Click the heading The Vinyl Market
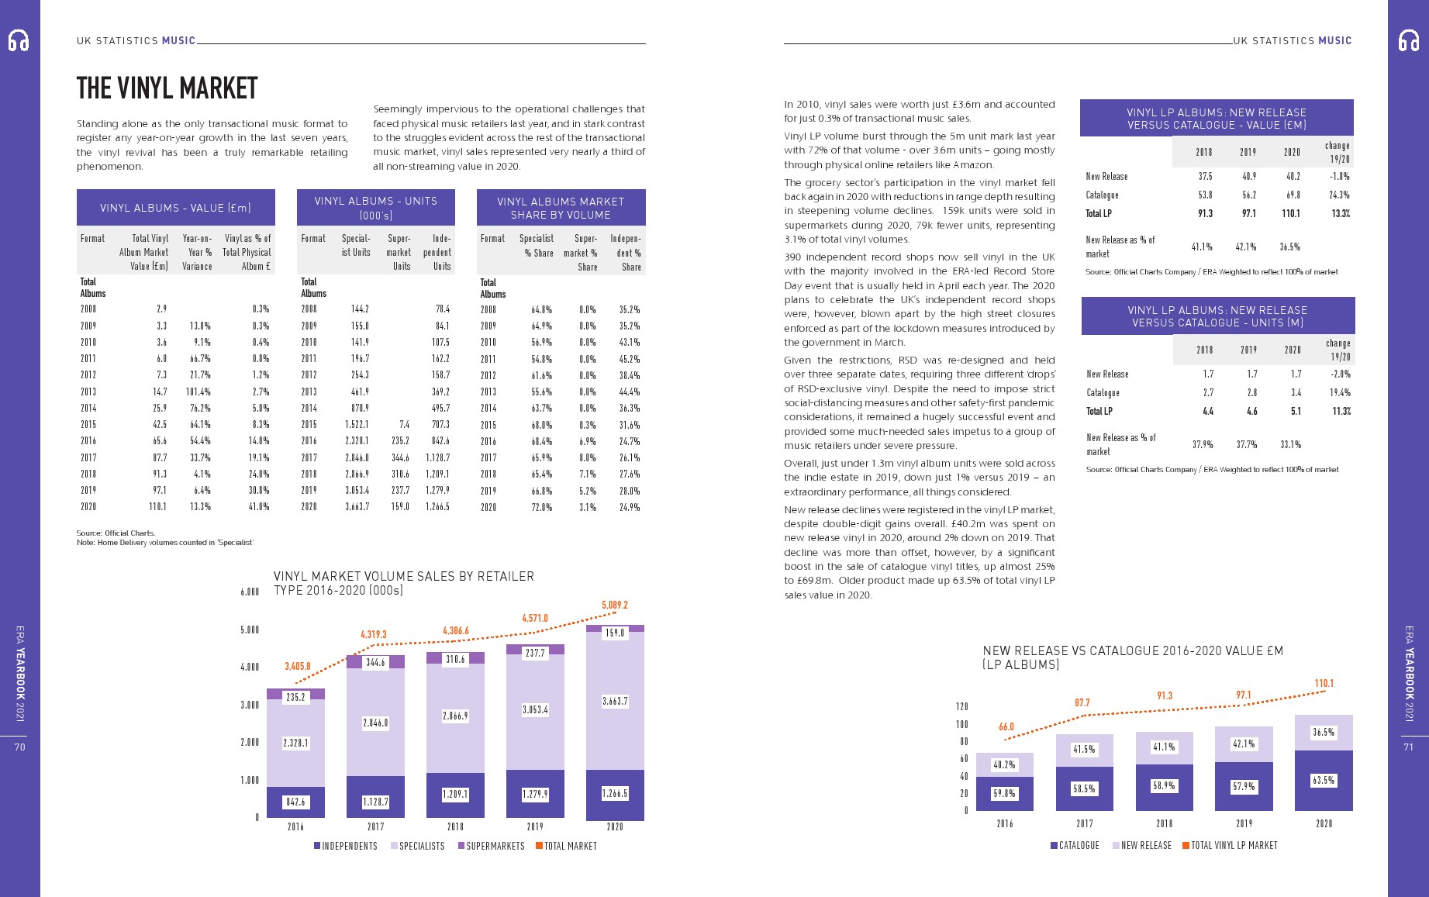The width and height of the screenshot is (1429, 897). (167, 88)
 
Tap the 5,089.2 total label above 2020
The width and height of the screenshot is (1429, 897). (614, 605)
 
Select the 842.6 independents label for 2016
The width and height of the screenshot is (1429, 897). (295, 802)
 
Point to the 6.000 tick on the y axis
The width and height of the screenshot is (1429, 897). (249, 592)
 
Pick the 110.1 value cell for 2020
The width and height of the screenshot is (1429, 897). (157, 506)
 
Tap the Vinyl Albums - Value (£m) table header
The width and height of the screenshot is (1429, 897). (175, 208)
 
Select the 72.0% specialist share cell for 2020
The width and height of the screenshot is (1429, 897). (541, 507)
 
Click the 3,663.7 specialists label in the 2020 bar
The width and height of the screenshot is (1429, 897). (614, 702)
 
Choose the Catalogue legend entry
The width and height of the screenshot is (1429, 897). (1075, 845)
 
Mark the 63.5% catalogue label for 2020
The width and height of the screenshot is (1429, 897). (1323, 781)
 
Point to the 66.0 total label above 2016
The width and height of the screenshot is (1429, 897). (1006, 727)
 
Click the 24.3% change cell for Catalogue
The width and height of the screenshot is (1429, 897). (1338, 195)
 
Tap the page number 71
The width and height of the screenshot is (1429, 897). (1408, 747)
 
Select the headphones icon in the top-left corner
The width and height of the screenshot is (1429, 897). (19, 40)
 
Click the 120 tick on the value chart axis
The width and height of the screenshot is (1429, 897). (961, 707)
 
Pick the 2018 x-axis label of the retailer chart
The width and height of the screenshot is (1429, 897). (455, 826)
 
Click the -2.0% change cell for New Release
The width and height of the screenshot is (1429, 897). (1340, 374)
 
